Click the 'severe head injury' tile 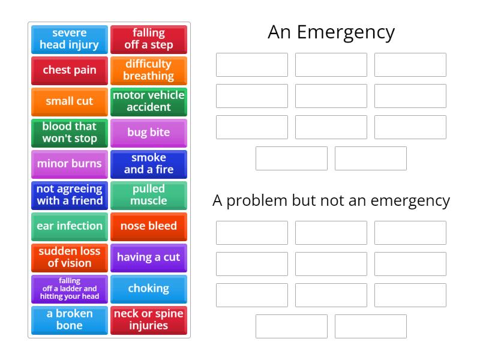click(70, 39)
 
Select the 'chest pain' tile click(70, 70)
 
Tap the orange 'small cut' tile click(70, 101)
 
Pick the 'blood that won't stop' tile click(70, 133)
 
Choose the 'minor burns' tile click(70, 164)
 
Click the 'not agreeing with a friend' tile click(70, 195)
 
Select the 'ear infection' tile click(70, 226)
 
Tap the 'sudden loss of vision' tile click(70, 257)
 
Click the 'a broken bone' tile click(70, 320)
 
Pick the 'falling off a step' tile click(149, 39)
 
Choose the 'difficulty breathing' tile click(149, 70)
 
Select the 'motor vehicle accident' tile click(149, 101)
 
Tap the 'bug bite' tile click(149, 133)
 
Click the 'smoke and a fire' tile click(149, 164)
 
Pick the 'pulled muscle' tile click(149, 195)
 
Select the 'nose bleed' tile click(149, 226)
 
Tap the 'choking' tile click(149, 289)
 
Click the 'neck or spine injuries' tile click(149, 320)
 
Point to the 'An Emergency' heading click(331, 32)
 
